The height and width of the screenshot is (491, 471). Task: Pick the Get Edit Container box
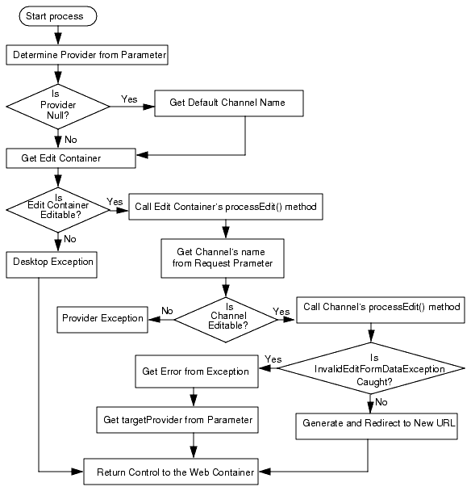tap(71, 158)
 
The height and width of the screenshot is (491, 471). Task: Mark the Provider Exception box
tap(102, 318)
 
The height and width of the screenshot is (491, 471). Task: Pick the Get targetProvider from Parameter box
tap(178, 419)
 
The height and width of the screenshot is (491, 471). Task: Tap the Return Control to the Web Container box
tap(171, 472)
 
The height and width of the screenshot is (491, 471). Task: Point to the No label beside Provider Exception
tap(167, 310)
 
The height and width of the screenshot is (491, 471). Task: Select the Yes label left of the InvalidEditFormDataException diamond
tap(273, 359)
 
